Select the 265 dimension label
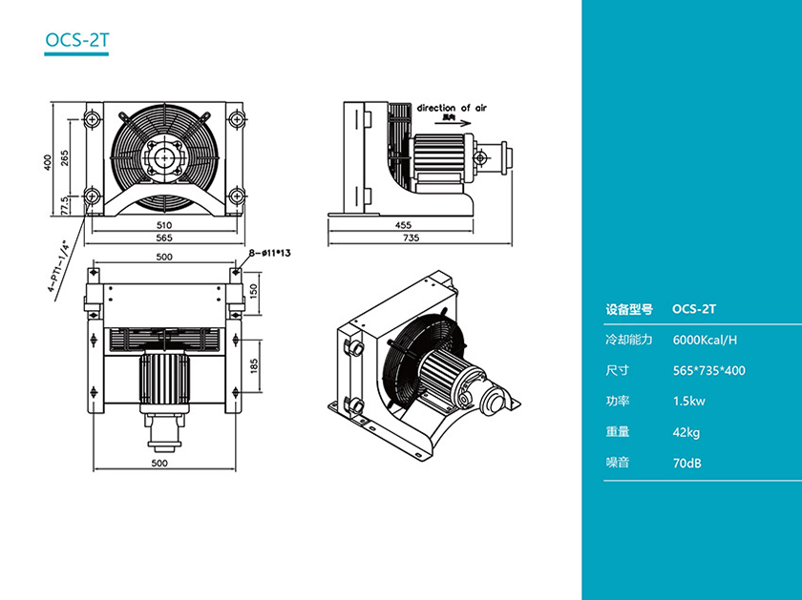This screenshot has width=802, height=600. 64,157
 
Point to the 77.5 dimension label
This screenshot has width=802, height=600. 64,205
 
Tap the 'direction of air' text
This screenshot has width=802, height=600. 452,109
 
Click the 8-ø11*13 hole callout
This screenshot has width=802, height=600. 269,254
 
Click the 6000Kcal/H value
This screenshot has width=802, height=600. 705,340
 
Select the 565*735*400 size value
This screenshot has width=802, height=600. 708,370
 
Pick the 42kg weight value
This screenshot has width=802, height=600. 686,432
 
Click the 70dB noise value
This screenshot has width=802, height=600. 687,463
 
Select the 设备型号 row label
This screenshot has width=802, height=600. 628,309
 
